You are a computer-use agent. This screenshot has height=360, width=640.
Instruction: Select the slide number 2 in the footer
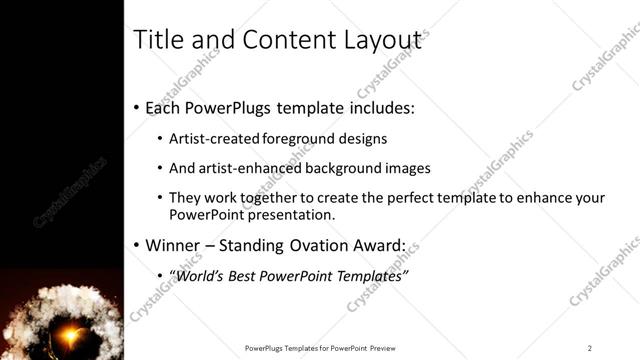(590, 348)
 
